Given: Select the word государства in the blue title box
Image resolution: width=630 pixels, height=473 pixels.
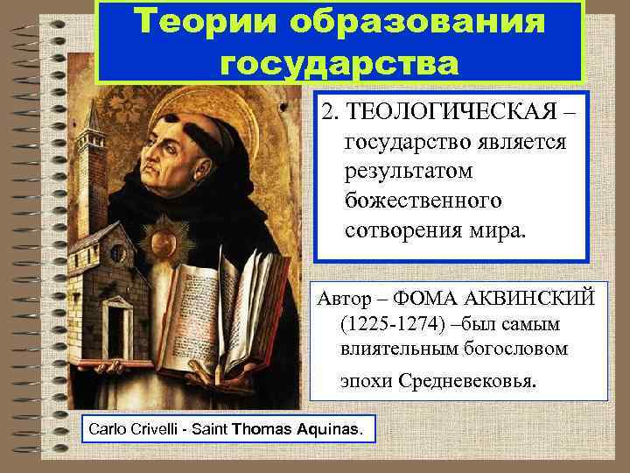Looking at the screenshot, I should pyautogui.click(x=339, y=62).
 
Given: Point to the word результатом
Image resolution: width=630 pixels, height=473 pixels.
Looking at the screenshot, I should pyautogui.click(x=409, y=172).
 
